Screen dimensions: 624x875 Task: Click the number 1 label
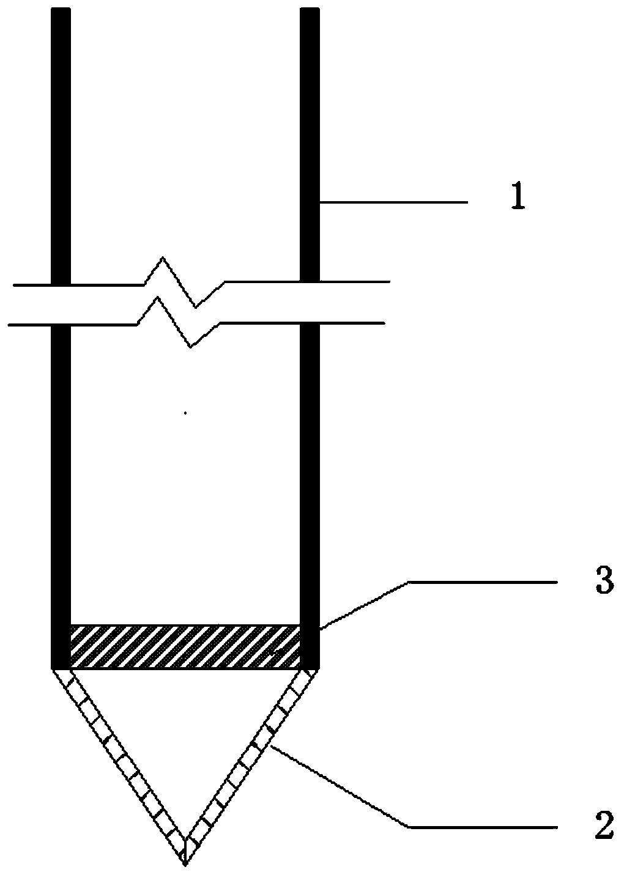pos(518,200)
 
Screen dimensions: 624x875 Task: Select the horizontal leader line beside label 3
pos(483,583)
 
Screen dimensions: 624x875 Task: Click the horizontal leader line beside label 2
pos(483,827)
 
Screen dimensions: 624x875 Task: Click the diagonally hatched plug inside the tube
pos(185,646)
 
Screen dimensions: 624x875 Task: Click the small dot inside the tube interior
pos(185,413)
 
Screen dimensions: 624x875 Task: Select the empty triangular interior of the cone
pos(185,734)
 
